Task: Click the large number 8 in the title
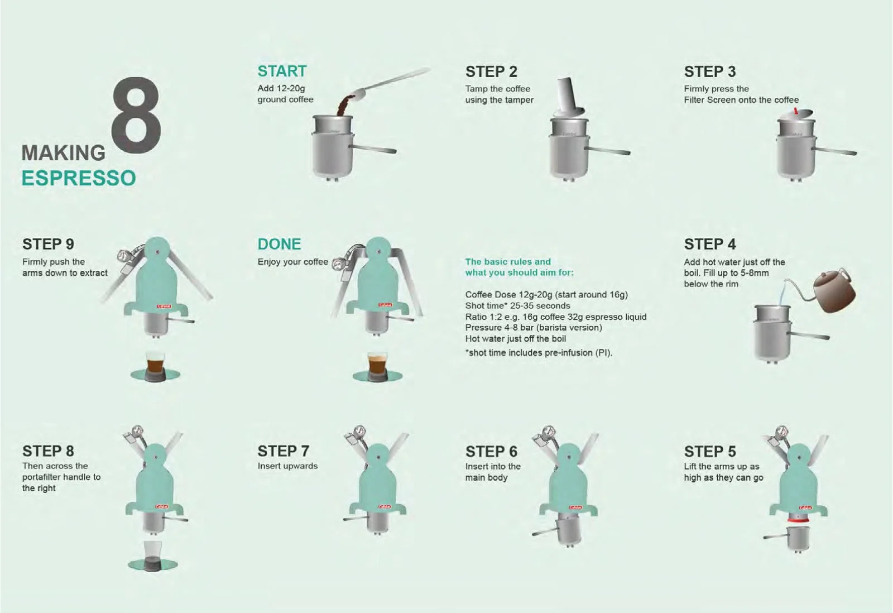tap(136, 116)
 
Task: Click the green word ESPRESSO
tap(79, 178)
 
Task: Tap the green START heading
tap(282, 71)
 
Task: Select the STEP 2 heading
tap(491, 72)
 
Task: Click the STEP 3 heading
tap(709, 72)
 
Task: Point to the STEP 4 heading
tap(709, 244)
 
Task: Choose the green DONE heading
tap(279, 244)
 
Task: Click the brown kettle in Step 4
tap(833, 291)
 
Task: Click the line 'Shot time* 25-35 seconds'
tap(517, 306)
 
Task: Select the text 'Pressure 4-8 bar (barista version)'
tap(534, 328)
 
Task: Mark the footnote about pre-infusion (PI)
tap(539, 353)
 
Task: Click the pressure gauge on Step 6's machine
tap(550, 432)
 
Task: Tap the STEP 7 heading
tap(283, 452)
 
